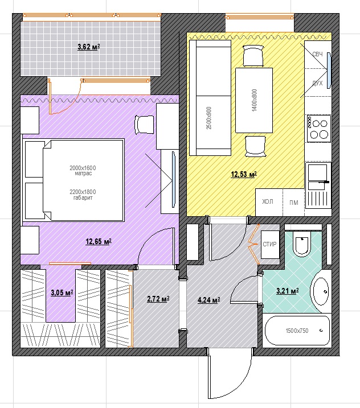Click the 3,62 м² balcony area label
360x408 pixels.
coord(88,47)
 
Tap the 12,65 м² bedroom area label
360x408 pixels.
coord(99,241)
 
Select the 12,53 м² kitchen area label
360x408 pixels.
coord(244,174)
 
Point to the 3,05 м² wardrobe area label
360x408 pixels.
coord(62,292)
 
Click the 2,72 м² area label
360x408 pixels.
coord(158,299)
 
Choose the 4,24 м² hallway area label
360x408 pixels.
coord(208,300)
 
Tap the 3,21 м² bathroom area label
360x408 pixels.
coord(287,291)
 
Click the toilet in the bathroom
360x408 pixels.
coord(302,244)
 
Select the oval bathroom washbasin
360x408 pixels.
coord(321,291)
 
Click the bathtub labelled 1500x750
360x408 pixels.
coord(297,331)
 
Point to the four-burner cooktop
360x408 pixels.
coord(319,129)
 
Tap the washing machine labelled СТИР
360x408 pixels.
coord(270,244)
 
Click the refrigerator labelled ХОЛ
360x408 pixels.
coord(269,202)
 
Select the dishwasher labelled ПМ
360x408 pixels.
coord(293,202)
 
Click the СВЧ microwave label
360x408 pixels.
coord(317,54)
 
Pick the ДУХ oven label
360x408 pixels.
coord(317,83)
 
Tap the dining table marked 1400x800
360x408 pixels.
coord(254,101)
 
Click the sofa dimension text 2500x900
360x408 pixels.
coord(208,118)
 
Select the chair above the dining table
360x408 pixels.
coord(253,56)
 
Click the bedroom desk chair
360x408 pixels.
coord(144,125)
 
